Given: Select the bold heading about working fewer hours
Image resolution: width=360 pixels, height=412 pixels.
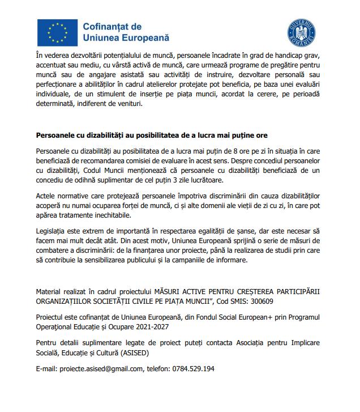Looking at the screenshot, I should (x=152, y=136).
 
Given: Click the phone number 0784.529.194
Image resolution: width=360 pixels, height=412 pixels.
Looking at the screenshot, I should (x=194, y=369).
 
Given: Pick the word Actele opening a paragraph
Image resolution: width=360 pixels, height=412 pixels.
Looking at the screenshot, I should (x=45, y=197).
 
